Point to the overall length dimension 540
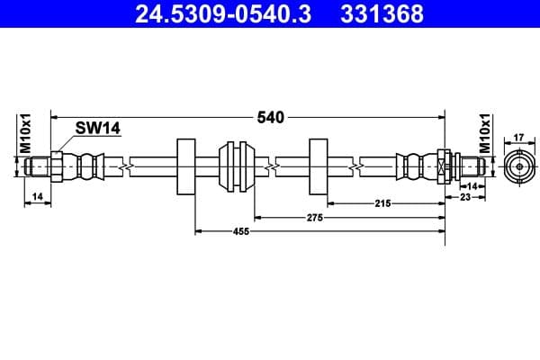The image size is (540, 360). point(270,117)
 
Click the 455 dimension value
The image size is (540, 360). point(240,232)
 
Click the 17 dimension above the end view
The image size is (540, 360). point(517,138)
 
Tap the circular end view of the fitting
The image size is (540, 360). point(517,166)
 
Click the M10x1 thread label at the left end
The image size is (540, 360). point(26,132)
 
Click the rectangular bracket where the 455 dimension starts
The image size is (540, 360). point(186,166)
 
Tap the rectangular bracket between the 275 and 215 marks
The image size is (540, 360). point(319,166)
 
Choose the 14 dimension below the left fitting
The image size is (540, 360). point(36,195)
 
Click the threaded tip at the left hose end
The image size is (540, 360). point(38,166)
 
